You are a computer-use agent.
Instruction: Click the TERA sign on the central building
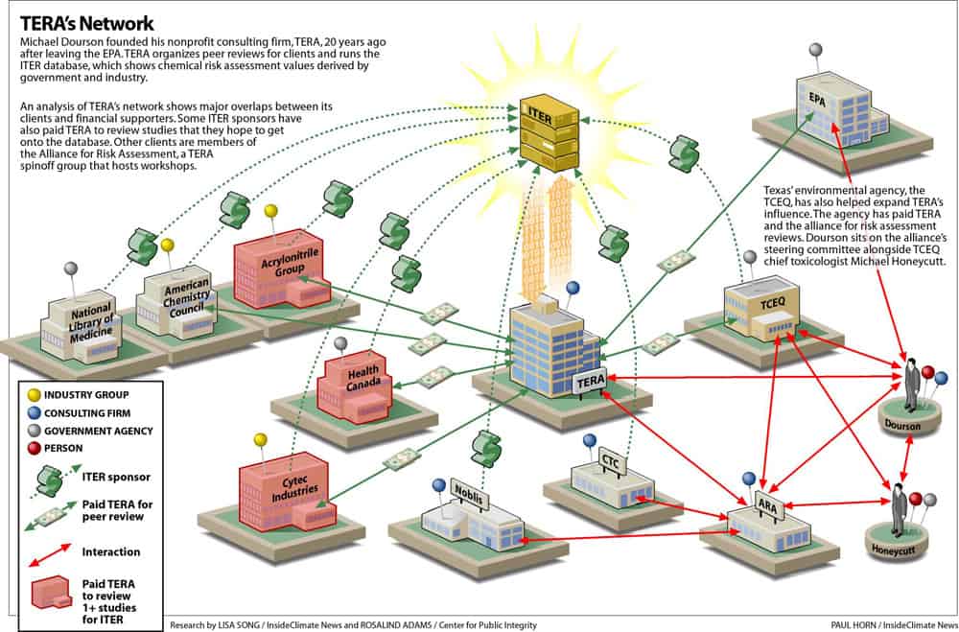(589, 381)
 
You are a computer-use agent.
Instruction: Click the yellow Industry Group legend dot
(34, 393)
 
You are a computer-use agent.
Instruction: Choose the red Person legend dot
(34, 447)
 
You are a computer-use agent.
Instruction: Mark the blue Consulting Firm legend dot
(34, 411)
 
